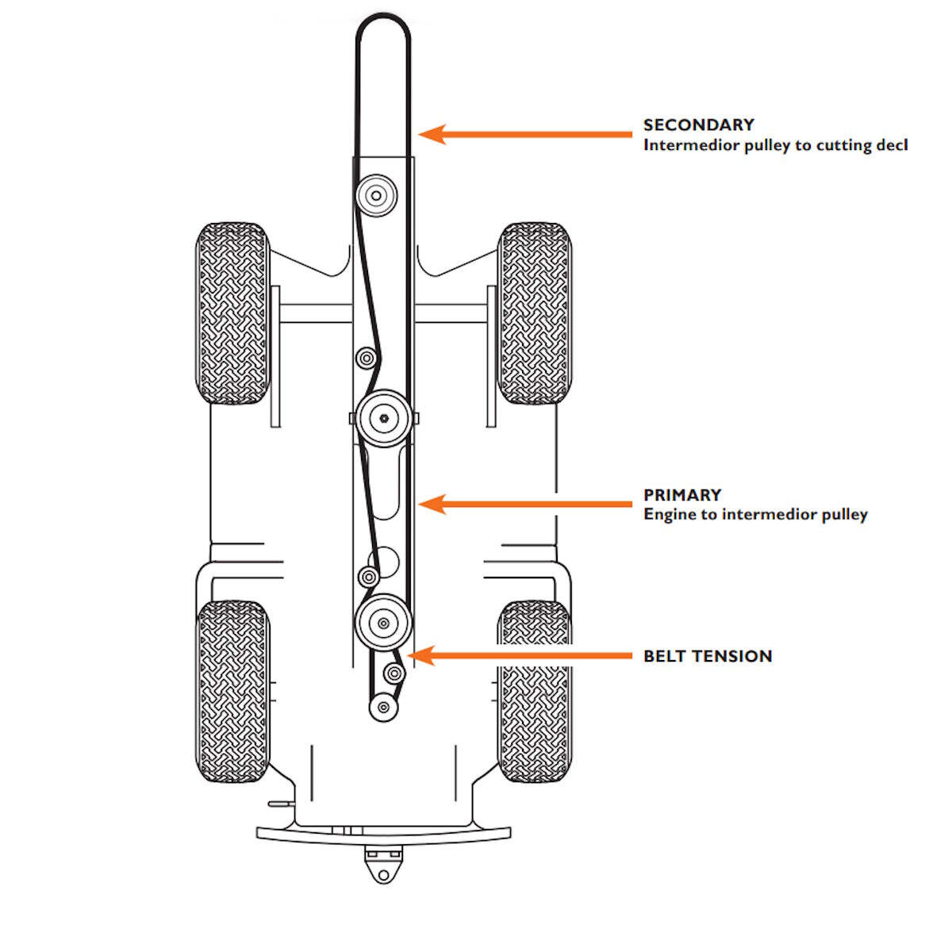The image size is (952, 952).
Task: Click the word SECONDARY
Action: pos(698,125)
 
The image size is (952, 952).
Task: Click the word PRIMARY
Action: pos(682,494)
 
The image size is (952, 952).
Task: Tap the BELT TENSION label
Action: pos(708,656)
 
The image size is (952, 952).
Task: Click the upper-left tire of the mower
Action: pos(232,313)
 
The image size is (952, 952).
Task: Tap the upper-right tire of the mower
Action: pos(535,313)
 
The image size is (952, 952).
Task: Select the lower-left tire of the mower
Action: pos(232,691)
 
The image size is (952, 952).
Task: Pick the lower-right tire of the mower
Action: pos(535,691)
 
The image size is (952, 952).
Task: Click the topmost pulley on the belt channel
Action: pos(376,194)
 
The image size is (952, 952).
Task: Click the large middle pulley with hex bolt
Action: pos(383,417)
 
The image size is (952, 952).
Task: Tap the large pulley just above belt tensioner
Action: pos(383,623)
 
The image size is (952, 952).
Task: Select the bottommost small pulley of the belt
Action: pos(383,706)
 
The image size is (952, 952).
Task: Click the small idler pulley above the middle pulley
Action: pos(366,358)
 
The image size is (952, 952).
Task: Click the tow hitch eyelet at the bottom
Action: pos(383,873)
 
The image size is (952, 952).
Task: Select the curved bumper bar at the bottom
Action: pos(383,834)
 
